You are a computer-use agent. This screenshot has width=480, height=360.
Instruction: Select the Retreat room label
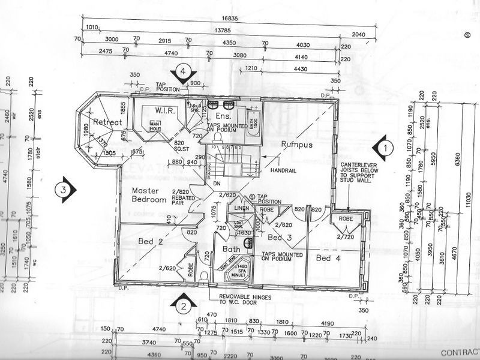(108, 122)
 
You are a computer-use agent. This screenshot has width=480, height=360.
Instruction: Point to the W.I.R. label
(163, 110)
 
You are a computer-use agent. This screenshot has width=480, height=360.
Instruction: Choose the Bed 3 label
(280, 238)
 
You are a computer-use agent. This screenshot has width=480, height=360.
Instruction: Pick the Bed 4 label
(328, 258)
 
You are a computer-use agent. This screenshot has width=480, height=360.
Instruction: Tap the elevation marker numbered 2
(183, 306)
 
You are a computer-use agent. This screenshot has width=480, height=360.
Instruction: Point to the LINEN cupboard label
(242, 208)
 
